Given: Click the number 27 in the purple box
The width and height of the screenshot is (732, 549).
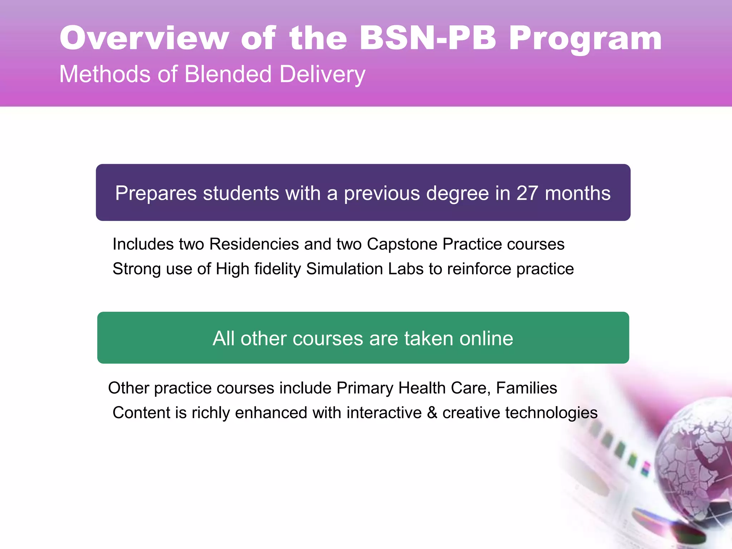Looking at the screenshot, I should click(527, 193).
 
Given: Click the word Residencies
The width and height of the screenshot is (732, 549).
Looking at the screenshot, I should click(254, 244).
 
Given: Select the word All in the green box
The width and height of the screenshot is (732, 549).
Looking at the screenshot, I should click(224, 338).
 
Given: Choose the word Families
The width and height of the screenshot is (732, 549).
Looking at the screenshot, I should click(526, 388).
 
